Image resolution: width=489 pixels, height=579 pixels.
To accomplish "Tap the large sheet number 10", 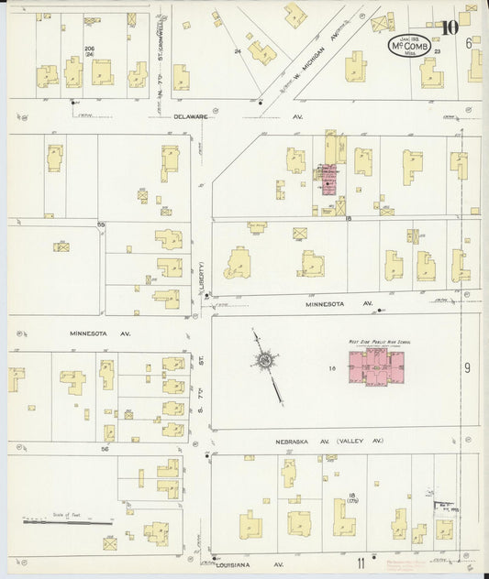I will pyautogui.click(x=449, y=27).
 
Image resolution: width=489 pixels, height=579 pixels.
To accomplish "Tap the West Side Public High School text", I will pyautogui.click(x=378, y=341).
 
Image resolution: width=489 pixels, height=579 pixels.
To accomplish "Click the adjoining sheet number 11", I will pyautogui.click(x=361, y=561).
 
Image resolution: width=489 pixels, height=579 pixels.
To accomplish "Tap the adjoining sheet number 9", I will pyautogui.click(x=466, y=367).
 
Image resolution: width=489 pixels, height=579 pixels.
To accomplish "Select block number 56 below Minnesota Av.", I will pyautogui.click(x=105, y=449).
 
